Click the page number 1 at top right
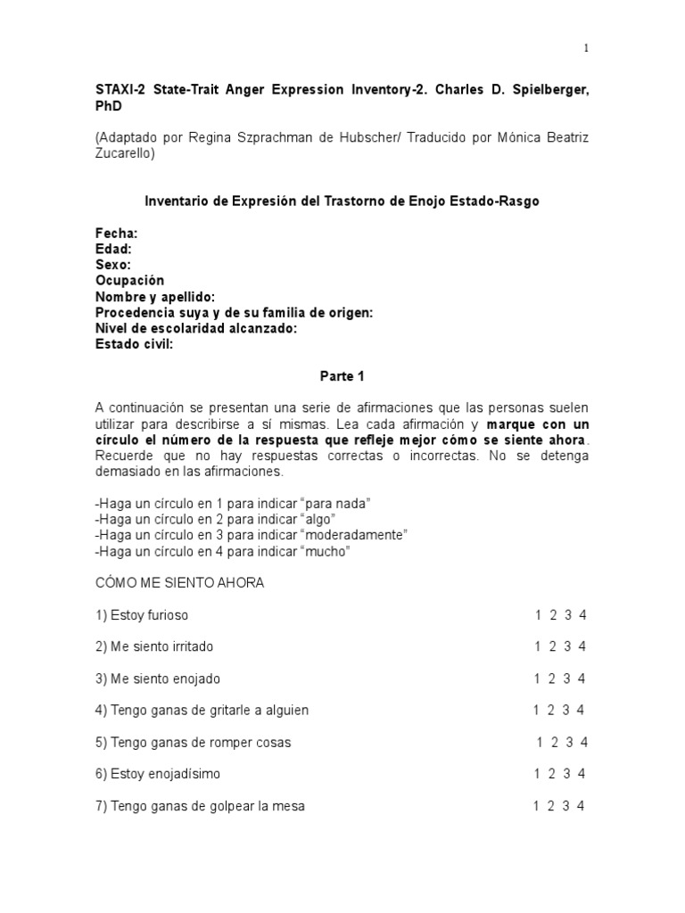pos(586,48)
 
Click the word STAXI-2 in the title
pos(121,89)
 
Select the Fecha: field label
pos(117,233)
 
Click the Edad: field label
pos(114,249)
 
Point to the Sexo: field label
pos(113,265)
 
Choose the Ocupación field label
pos(130,281)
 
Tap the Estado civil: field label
pos(135,344)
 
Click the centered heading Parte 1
pos(342,376)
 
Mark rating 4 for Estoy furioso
pos(582,615)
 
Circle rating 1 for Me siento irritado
pos(539,646)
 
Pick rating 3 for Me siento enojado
pos(567,679)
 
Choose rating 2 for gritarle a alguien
pos(551,711)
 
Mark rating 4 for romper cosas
pos(584,743)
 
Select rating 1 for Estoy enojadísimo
pos(539,774)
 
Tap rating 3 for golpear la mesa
pos(566,806)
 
